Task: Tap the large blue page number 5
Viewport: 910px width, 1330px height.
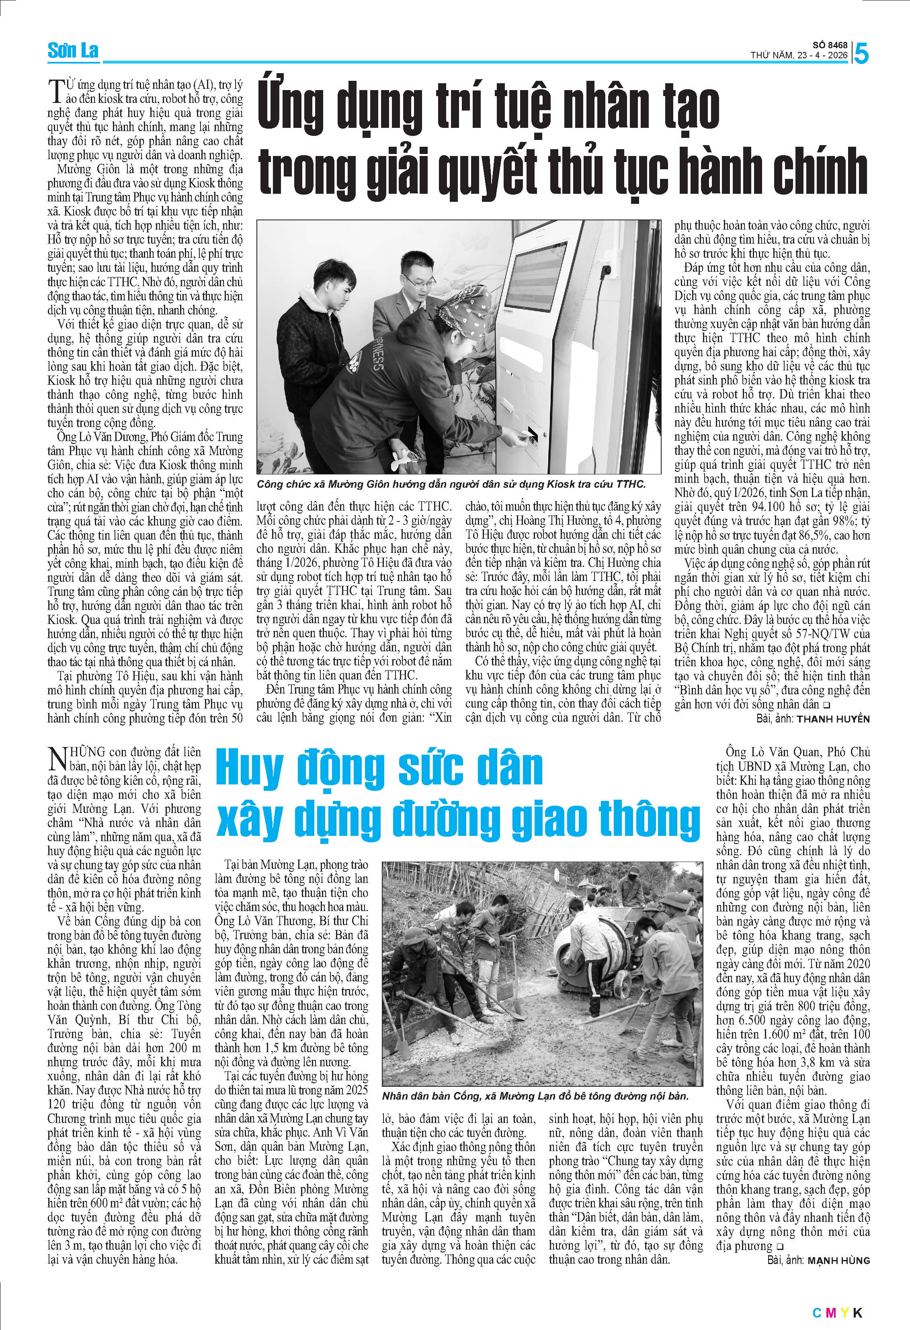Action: click(861, 54)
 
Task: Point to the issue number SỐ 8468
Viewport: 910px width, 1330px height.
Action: click(830, 45)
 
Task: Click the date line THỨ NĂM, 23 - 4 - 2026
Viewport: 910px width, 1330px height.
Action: click(799, 55)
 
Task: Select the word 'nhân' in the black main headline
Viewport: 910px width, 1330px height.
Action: click(606, 107)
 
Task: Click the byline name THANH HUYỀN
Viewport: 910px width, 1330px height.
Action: click(833, 719)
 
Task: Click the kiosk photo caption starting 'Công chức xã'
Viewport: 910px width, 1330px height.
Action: click(451, 484)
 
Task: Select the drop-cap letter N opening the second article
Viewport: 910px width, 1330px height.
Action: click(58, 759)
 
